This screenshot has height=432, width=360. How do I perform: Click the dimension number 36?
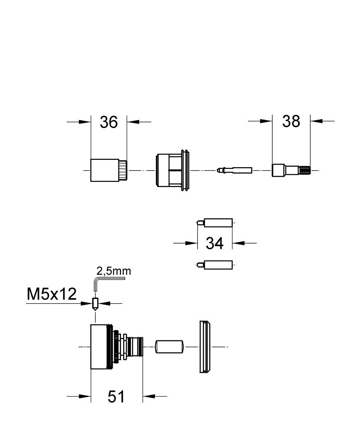point(108,122)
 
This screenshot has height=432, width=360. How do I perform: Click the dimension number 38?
point(291,121)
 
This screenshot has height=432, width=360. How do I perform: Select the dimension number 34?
point(214,243)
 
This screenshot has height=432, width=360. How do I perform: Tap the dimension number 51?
point(116,396)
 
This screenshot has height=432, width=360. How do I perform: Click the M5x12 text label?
point(52,295)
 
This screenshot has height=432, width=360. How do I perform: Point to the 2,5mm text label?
point(113,271)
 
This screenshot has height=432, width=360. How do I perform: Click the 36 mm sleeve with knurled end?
point(106,170)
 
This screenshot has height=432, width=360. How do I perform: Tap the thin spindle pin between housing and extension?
point(236,170)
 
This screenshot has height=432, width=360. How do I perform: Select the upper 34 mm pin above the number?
point(216,222)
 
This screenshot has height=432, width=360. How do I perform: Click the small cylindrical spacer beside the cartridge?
point(170,346)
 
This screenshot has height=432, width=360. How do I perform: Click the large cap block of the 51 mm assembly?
point(102,346)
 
